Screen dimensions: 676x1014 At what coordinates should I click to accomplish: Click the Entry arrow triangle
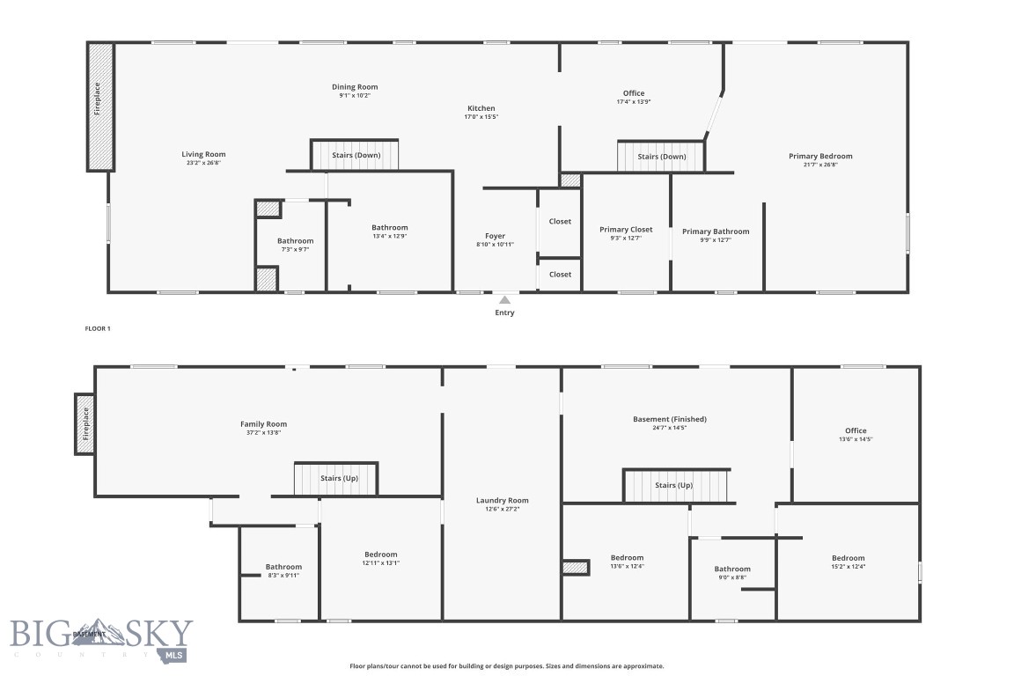tap(504, 300)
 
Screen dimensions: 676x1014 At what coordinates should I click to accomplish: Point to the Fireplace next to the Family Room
tap(85, 422)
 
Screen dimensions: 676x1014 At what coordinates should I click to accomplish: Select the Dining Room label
tap(355, 87)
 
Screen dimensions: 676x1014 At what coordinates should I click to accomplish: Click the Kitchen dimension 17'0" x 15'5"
tap(481, 117)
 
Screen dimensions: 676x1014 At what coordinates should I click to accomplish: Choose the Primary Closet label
tap(626, 230)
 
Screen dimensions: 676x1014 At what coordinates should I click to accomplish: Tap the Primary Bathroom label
tap(716, 231)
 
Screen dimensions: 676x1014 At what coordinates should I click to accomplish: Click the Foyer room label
tap(495, 236)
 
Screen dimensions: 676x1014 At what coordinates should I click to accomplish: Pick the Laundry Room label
tap(502, 500)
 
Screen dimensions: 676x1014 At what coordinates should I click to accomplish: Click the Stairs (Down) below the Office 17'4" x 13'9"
tap(661, 157)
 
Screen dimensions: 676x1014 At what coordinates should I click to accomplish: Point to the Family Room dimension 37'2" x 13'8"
tap(264, 433)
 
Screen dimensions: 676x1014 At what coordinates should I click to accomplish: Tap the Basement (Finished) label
tap(670, 419)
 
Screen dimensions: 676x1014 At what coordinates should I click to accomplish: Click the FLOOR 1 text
tap(97, 328)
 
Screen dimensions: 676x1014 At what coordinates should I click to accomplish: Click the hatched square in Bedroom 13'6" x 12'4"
tap(576, 568)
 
